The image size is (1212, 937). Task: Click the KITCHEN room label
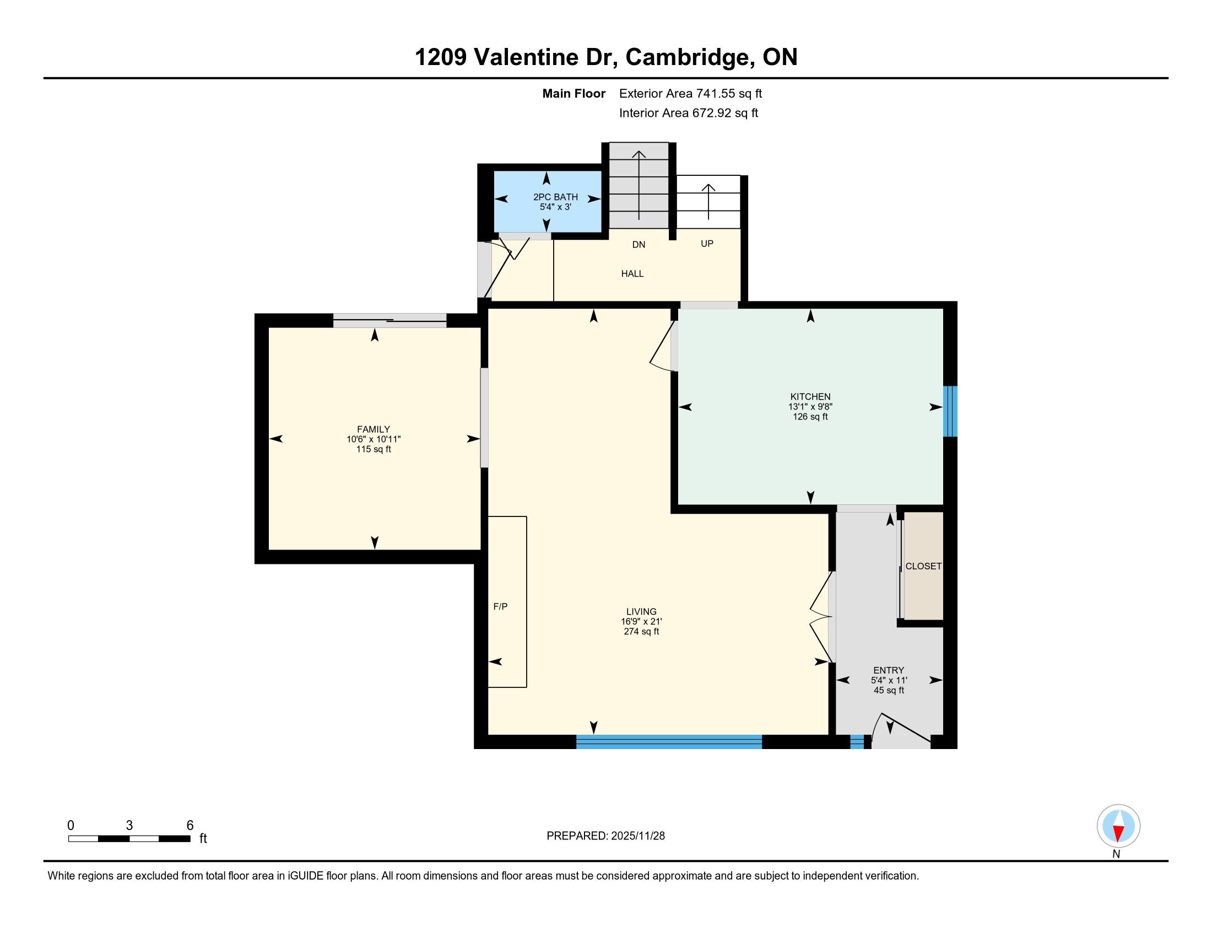(x=810, y=396)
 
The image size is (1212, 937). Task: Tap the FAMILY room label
(x=373, y=429)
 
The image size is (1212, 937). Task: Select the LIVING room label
(x=641, y=611)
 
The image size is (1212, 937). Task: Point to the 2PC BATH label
(x=555, y=197)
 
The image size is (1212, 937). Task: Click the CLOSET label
(x=923, y=566)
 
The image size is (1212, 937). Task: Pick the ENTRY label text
(x=889, y=670)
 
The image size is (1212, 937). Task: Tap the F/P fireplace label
(x=501, y=606)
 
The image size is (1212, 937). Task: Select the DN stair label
(x=639, y=244)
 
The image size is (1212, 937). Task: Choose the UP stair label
(x=707, y=244)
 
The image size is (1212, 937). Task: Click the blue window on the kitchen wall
(x=950, y=411)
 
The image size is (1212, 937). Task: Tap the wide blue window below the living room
(x=669, y=741)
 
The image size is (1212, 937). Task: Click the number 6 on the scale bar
(x=190, y=826)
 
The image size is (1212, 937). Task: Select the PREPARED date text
(x=605, y=836)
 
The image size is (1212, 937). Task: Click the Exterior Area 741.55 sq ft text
(x=690, y=94)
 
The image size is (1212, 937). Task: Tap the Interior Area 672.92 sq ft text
(x=688, y=113)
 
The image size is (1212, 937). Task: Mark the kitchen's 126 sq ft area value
(x=810, y=417)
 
